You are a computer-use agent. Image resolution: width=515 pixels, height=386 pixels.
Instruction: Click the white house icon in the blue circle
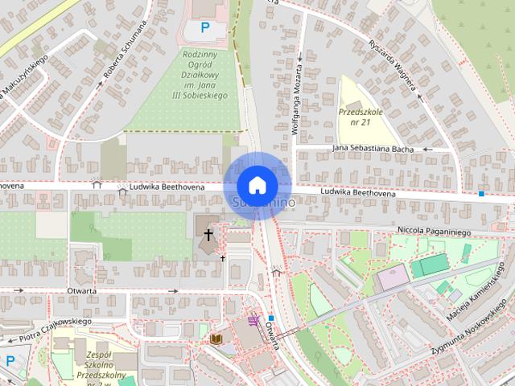[x=257, y=185]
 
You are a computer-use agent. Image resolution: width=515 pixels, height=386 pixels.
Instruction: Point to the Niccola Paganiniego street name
[x=433, y=231]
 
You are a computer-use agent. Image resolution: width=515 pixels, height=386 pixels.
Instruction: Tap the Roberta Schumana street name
[x=126, y=48]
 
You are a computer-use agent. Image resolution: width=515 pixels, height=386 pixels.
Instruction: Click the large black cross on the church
[x=208, y=235]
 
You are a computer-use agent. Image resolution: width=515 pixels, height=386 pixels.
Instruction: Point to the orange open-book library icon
[x=216, y=339]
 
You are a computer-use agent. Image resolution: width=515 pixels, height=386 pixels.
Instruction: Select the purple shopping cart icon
[x=254, y=320]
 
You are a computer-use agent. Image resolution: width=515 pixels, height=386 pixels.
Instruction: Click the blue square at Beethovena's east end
[x=481, y=194]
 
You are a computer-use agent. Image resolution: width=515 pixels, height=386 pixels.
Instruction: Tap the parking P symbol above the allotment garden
[x=205, y=27]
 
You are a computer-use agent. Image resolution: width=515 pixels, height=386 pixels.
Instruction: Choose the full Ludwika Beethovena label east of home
[x=357, y=194]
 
